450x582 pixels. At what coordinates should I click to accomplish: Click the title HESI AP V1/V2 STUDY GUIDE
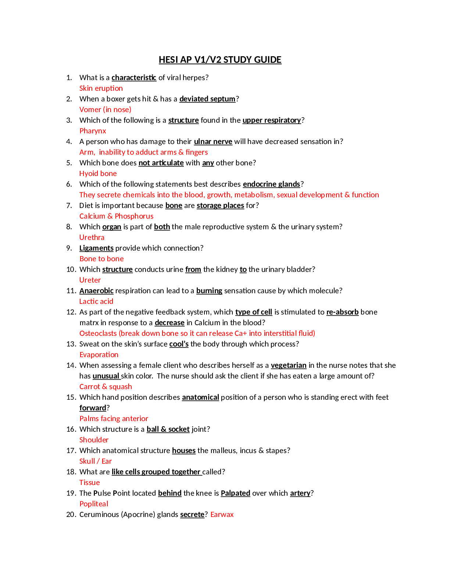220,60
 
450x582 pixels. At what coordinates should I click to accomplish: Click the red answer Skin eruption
101,88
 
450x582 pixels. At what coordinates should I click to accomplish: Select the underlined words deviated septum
207,99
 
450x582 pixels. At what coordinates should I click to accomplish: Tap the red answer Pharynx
93,131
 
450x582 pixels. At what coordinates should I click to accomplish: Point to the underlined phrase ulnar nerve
213,141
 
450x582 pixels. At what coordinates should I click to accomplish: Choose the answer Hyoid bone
98,173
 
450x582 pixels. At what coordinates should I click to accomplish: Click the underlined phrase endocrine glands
272,184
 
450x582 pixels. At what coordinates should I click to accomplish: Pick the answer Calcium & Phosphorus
116,216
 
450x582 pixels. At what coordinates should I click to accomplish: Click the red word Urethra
92,237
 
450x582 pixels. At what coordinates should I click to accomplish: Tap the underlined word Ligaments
96,248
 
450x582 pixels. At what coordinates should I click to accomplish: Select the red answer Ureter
90,280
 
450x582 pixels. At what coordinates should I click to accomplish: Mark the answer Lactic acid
96,301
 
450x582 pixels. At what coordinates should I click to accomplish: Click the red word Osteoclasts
98,333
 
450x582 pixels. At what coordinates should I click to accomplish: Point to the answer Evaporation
99,355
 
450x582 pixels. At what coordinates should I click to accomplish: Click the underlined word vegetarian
289,365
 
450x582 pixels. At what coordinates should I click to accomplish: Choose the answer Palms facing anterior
114,418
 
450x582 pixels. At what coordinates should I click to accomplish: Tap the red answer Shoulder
94,440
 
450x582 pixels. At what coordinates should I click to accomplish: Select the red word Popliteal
94,504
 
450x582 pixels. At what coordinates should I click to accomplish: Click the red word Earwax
222,514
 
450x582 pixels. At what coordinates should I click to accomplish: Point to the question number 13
71,344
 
